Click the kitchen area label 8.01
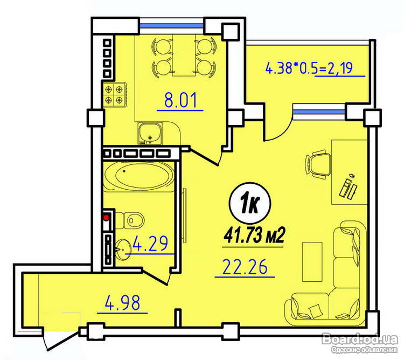point(180,100)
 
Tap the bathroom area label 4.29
point(151,243)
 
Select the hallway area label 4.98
point(122,302)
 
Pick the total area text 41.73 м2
point(254,236)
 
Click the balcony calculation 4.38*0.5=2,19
point(309,68)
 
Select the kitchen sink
point(149,133)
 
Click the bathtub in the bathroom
point(138,176)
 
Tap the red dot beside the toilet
point(106,218)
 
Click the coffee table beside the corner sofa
point(312,261)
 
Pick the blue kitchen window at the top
point(171,25)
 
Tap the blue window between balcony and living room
point(319,112)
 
